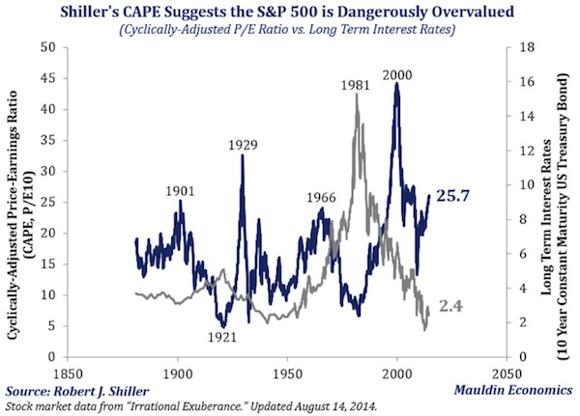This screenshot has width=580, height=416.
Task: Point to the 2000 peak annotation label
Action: pyautogui.click(x=396, y=74)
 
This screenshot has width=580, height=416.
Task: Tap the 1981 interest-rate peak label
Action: pyautogui.click(x=356, y=85)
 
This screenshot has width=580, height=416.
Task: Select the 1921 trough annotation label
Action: pyautogui.click(x=222, y=336)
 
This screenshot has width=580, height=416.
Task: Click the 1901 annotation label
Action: pyautogui.click(x=181, y=190)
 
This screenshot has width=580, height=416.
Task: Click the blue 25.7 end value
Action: pyautogui.click(x=454, y=195)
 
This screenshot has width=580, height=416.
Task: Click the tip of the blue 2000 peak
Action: pyautogui.click(x=396, y=84)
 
